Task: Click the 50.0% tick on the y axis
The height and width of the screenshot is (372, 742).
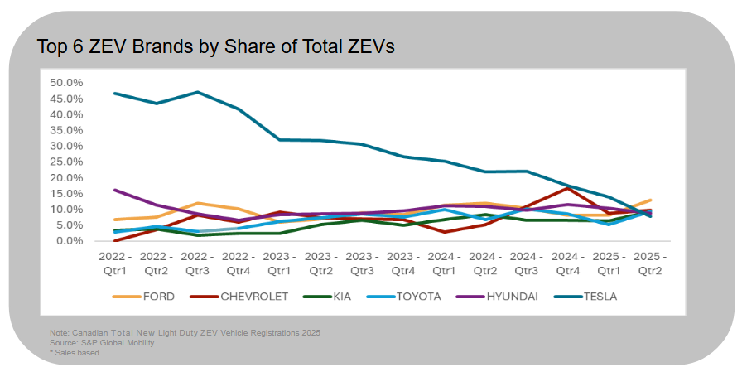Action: point(66,83)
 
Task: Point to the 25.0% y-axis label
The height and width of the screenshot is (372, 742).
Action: point(66,162)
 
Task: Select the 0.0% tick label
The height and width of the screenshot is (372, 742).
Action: point(70,241)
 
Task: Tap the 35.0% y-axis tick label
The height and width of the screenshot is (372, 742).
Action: point(66,130)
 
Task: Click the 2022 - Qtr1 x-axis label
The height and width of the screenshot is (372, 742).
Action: point(113,263)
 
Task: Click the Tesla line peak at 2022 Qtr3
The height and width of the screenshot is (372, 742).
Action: point(196,92)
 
